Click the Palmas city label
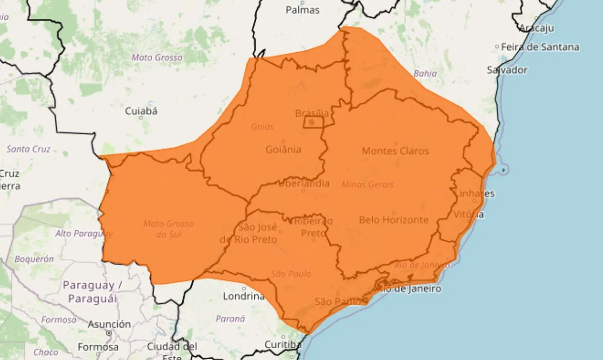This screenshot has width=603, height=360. point(302,10)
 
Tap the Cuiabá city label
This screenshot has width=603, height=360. point(141,112)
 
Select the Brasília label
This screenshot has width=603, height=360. point(312,113)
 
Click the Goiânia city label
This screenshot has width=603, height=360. point(283,149)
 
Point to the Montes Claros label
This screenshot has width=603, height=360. point(395,151)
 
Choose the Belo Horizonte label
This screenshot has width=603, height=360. point(394,220)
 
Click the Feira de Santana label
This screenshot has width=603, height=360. point(540,47)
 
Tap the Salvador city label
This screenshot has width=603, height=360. point(507,70)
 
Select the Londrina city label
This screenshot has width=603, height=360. point(244,296)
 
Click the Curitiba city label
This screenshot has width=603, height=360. point(282,344)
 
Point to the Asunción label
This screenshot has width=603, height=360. point(109,324)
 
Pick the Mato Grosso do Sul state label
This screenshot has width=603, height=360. point(169,229)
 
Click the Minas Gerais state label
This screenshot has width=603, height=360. point(367,185)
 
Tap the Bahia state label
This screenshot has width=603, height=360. point(425,74)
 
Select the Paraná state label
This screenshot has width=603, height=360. point(230,319)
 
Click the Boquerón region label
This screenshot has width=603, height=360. point(34,259)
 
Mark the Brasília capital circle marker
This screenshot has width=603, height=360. point(312,123)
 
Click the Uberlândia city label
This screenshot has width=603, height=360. point(304,183)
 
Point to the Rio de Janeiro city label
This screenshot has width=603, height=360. point(409,289)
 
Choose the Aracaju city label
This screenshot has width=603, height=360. point(537,28)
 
